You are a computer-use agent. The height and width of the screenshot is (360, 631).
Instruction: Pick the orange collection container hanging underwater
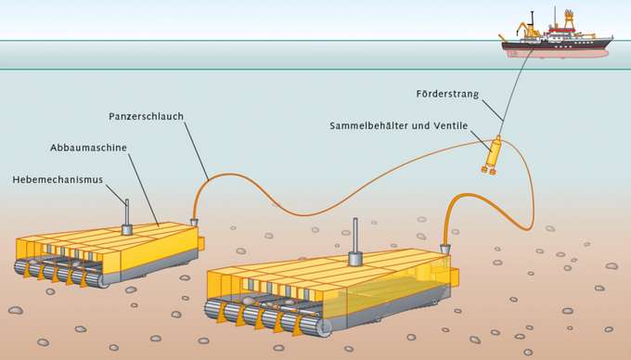click(494, 150)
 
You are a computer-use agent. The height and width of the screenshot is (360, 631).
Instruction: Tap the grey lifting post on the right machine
click(354, 244)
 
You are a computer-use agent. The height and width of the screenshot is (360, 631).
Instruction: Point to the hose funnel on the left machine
click(194, 221)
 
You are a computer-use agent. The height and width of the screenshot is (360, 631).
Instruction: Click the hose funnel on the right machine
click(445, 249)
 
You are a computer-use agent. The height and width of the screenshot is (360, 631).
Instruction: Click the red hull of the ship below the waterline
click(557, 53)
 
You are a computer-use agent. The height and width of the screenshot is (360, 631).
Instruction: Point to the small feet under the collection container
click(488, 170)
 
